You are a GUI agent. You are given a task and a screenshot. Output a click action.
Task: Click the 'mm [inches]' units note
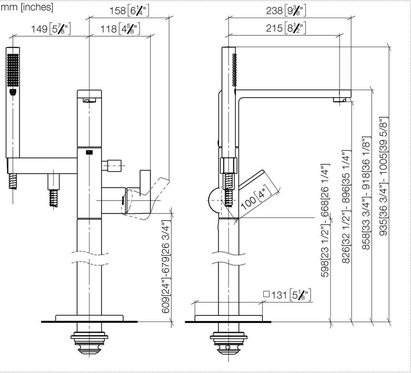click(x=27, y=7)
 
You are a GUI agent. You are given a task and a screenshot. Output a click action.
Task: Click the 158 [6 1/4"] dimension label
click(x=129, y=11)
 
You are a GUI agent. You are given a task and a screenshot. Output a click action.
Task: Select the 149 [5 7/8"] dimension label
click(x=51, y=29)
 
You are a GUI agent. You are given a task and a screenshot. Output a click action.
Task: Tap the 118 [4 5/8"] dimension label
click(x=120, y=29)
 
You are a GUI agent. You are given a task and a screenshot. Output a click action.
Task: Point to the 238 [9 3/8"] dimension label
click(x=286, y=11)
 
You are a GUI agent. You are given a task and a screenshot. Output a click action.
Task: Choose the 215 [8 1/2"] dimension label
click(x=286, y=28)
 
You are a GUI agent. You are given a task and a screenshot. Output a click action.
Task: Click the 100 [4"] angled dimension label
click(x=256, y=197)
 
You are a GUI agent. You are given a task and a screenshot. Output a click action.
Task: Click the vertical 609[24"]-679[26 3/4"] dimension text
click(x=166, y=267)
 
